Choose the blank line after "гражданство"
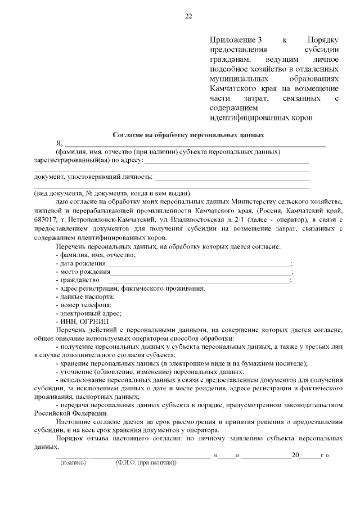198,280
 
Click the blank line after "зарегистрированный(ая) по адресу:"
227,161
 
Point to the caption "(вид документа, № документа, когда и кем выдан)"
112,192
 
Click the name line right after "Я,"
195,145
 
